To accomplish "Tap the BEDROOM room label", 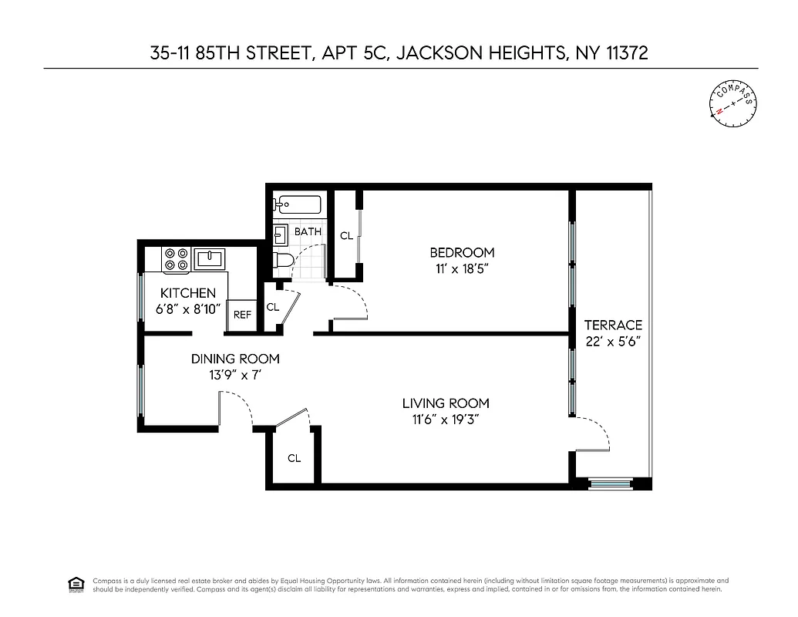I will (462, 252).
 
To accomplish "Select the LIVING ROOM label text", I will (446, 403).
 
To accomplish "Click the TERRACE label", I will (613, 325).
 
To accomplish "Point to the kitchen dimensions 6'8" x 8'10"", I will (187, 308).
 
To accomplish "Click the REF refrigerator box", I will (242, 315).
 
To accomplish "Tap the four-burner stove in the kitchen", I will (176, 259).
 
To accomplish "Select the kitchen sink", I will (209, 258).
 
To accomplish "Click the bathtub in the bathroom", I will (297, 204).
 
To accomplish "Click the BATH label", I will (308, 231).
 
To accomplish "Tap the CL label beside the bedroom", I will (346, 236).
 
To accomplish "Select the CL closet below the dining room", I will (294, 458).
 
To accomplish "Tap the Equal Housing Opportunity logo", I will (76, 584).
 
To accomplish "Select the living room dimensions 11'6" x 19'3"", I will (446, 420).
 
